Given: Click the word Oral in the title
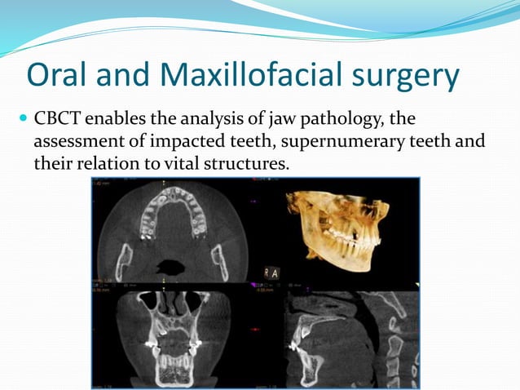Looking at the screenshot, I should pos(55,77).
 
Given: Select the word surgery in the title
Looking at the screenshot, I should pos(406,77).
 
